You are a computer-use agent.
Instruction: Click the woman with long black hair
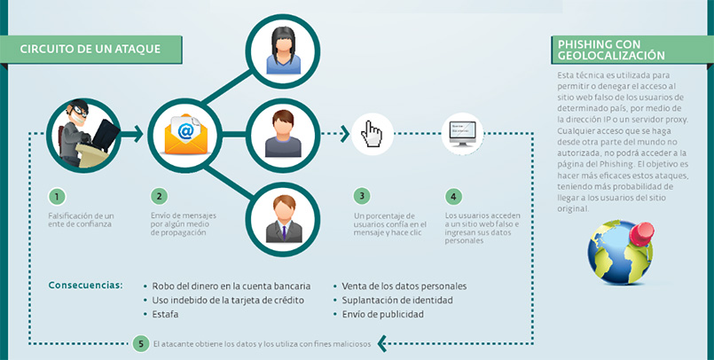(283, 48)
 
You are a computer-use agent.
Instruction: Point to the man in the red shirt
(283, 135)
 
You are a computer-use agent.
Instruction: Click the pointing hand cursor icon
(373, 135)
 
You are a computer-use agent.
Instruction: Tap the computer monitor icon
(465, 135)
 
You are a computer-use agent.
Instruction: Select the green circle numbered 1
(56, 196)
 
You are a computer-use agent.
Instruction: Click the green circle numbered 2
(158, 196)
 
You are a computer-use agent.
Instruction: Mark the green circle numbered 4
(453, 196)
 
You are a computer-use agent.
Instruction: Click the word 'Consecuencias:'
(85, 286)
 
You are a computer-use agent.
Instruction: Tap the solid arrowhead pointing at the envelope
(137, 135)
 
